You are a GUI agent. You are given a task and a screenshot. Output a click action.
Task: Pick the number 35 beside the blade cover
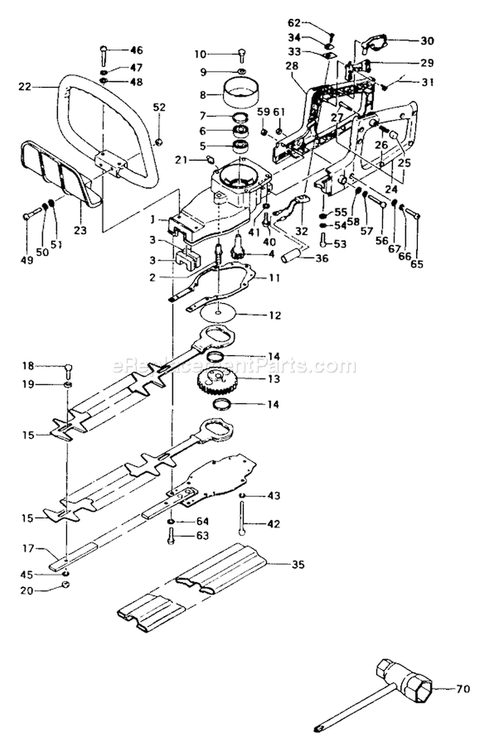[x=297, y=564]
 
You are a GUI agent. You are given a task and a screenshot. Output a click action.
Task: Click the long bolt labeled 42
[x=243, y=522]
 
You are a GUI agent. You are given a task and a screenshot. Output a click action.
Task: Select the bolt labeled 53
[x=324, y=240]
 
